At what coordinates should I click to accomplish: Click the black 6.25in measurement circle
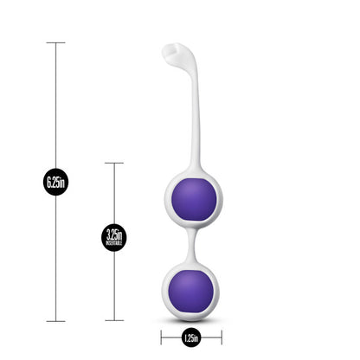coord(56,182)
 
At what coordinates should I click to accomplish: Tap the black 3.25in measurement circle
coord(113,237)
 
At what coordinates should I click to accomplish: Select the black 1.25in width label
coord(191,337)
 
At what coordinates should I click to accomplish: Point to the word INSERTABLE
coord(113,244)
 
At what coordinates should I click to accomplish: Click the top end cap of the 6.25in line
coord(56,42)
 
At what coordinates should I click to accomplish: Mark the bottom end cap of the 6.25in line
coord(56,321)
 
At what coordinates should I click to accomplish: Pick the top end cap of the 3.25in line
coord(113,163)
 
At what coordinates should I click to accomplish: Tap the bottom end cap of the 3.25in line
coord(113,321)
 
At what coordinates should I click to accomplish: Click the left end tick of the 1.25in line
coord(162,337)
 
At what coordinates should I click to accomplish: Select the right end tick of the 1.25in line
coord(221,337)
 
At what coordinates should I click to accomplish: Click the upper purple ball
coord(191,200)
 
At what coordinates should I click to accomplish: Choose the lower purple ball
coord(191,292)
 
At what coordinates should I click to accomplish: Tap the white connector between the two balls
coord(191,246)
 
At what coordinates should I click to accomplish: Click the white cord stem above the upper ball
coord(196,121)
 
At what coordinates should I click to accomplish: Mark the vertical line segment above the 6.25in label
coord(56,104)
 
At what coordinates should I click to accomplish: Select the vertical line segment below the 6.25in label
coord(56,260)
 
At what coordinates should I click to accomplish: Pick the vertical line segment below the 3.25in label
coord(113,286)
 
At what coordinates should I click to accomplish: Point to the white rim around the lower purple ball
coord(165,292)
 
